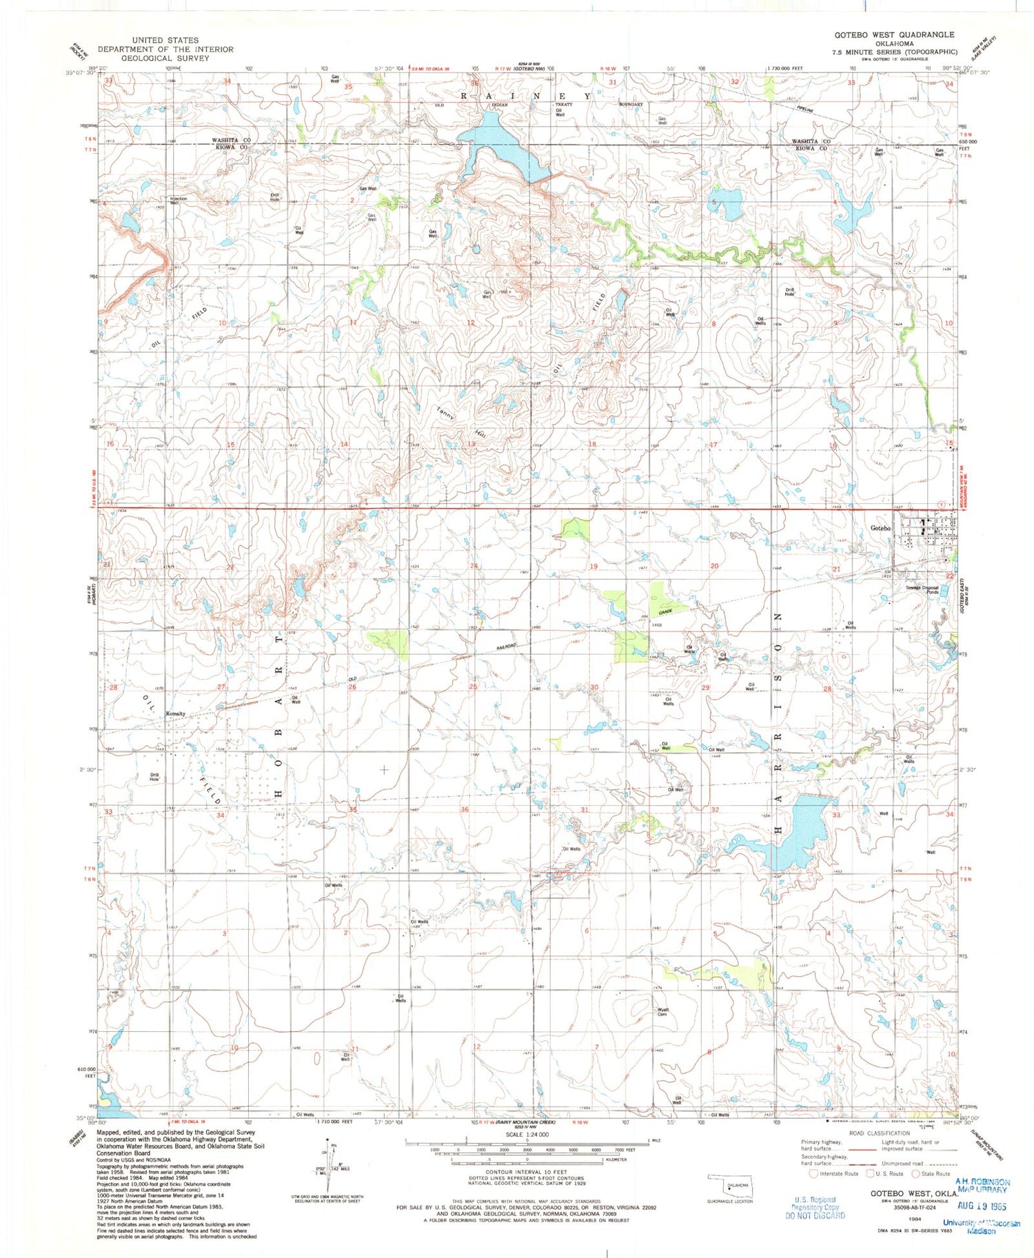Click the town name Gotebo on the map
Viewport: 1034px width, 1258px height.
(x=880, y=528)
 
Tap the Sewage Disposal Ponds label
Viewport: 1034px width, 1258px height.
(x=922, y=590)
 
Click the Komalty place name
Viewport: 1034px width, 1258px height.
(x=175, y=714)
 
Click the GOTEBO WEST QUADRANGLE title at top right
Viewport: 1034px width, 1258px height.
(x=894, y=34)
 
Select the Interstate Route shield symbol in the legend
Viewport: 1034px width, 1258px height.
(x=814, y=1173)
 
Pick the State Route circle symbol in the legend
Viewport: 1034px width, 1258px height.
(x=916, y=1173)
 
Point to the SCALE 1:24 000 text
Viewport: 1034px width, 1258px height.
(x=527, y=1135)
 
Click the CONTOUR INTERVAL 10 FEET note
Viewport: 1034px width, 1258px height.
(x=526, y=1172)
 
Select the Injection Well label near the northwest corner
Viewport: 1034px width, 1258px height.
(x=179, y=201)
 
